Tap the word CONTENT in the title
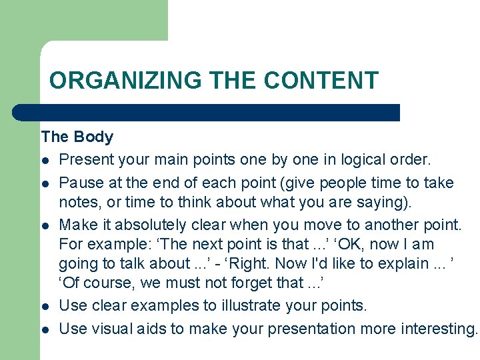pos(321,81)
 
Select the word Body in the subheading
pos(93,137)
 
